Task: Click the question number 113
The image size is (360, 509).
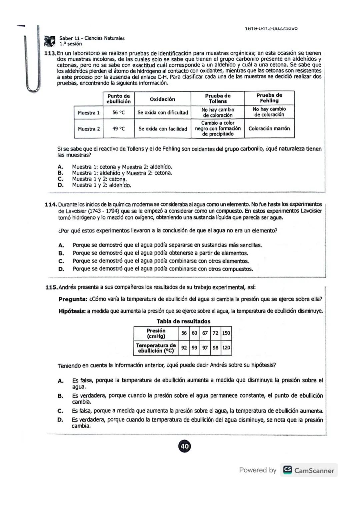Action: [50, 53]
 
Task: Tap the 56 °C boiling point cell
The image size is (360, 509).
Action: [118, 113]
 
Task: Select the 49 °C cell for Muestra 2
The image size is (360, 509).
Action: [118, 129]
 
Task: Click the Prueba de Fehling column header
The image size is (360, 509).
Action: [269, 98]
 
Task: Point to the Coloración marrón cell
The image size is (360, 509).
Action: [269, 128]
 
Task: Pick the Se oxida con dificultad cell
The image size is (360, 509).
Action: [163, 113]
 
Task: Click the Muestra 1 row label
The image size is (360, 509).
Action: [89, 113]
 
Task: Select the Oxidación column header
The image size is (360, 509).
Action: [162, 99]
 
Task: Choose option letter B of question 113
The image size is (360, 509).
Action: [60, 173]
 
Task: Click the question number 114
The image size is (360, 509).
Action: [51, 204]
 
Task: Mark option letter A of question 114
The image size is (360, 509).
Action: [61, 245]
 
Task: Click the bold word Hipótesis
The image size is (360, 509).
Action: [72, 311]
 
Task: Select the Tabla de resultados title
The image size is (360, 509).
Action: [183, 321]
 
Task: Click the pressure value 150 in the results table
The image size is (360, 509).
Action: [226, 333]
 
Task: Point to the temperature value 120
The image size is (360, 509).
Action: [226, 348]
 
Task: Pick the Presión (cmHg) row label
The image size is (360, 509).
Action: [156, 333]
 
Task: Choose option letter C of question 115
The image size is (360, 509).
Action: [60, 411]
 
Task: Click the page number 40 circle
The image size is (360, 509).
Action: [185, 446]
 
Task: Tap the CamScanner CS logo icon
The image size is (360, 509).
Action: [287, 470]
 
